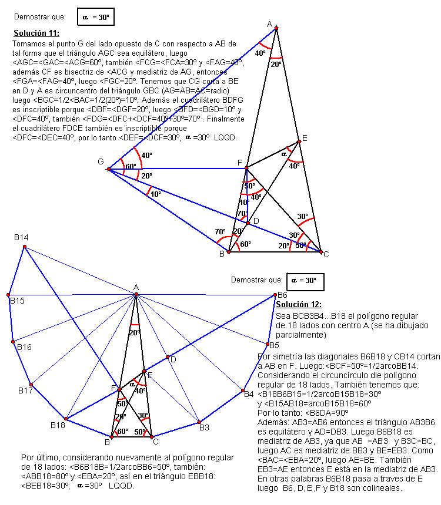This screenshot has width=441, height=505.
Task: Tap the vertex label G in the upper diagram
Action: coord(101,161)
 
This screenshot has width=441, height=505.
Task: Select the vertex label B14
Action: coord(22,237)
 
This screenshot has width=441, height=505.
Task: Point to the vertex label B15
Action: coord(16,301)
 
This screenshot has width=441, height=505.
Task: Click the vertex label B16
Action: coord(24,347)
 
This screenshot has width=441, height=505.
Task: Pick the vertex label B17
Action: coord(25,390)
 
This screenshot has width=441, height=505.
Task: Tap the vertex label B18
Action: coord(58,425)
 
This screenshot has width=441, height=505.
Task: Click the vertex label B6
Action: coord(282,295)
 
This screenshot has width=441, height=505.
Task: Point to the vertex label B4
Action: coord(249,394)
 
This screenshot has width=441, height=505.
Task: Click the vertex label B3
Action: coord(204,427)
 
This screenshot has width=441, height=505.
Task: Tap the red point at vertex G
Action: coord(109,169)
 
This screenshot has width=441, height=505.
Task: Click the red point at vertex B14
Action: coord(24,247)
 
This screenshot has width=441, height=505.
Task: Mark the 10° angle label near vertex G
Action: coord(155,194)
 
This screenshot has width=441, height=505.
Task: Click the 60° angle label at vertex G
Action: coord(130,167)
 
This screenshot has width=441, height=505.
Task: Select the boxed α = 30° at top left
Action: coord(95,18)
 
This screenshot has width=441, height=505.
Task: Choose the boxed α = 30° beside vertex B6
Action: coord(305,281)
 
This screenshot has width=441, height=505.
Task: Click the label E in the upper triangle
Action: coord(305,139)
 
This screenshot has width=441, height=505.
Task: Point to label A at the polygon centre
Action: coord(136,287)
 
